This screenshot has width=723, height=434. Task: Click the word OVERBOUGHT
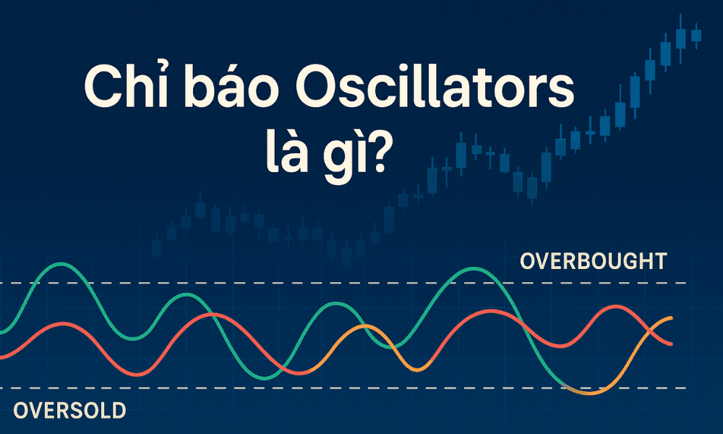[593, 260]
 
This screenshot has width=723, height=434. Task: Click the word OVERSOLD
[69, 411]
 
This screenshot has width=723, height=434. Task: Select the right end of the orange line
[672, 318]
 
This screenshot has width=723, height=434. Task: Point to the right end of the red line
[672, 344]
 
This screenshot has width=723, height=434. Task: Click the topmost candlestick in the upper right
[680, 36]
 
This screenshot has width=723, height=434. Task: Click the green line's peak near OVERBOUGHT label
[470, 268]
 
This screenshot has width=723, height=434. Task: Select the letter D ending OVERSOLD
[118, 411]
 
